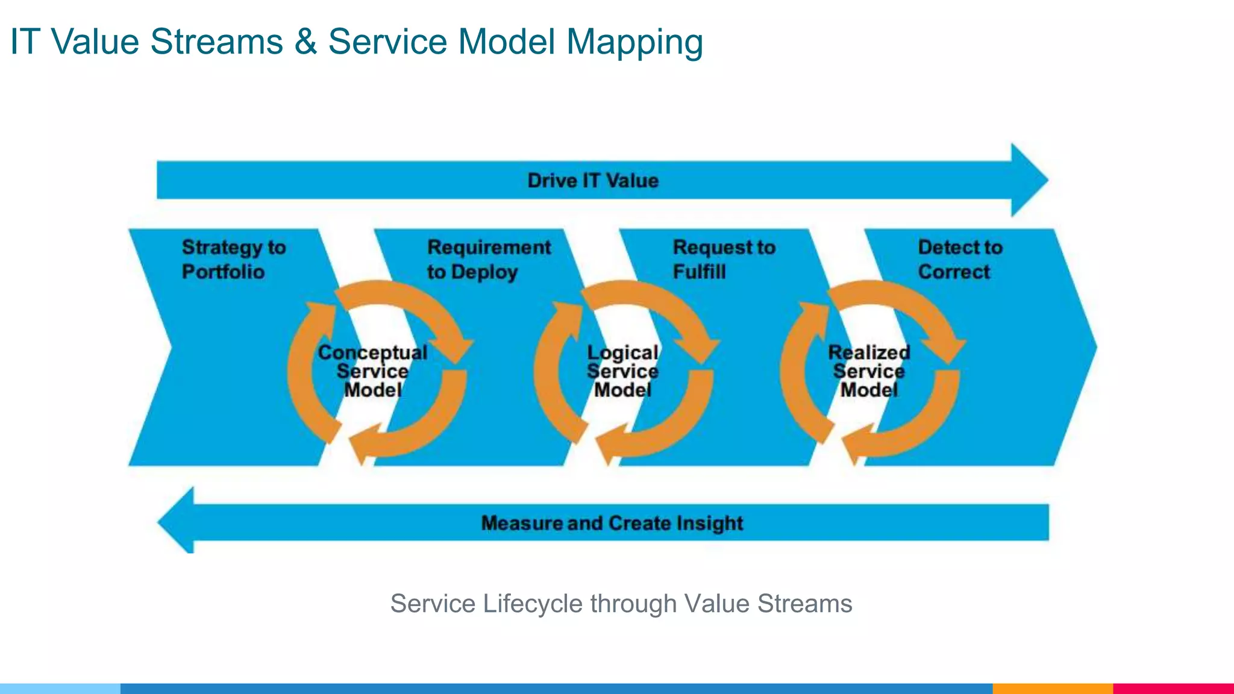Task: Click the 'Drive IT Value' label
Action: click(x=593, y=181)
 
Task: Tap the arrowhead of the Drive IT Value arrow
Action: click(x=1029, y=180)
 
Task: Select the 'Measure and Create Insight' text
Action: click(x=612, y=523)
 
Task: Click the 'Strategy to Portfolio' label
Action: click(x=234, y=260)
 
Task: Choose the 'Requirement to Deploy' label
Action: click(x=489, y=260)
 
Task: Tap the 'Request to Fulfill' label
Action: click(x=724, y=260)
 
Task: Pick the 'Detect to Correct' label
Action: click(x=960, y=260)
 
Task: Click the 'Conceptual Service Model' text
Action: click(x=372, y=371)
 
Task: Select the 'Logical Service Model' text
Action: click(x=622, y=371)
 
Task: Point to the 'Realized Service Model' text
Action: click(x=869, y=371)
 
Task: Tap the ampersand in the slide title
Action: click(x=305, y=42)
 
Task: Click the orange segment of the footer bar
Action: click(x=1052, y=689)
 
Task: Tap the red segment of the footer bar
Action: click(x=1173, y=689)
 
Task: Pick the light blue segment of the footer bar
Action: click(x=60, y=689)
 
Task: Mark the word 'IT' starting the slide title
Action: click(x=25, y=42)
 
